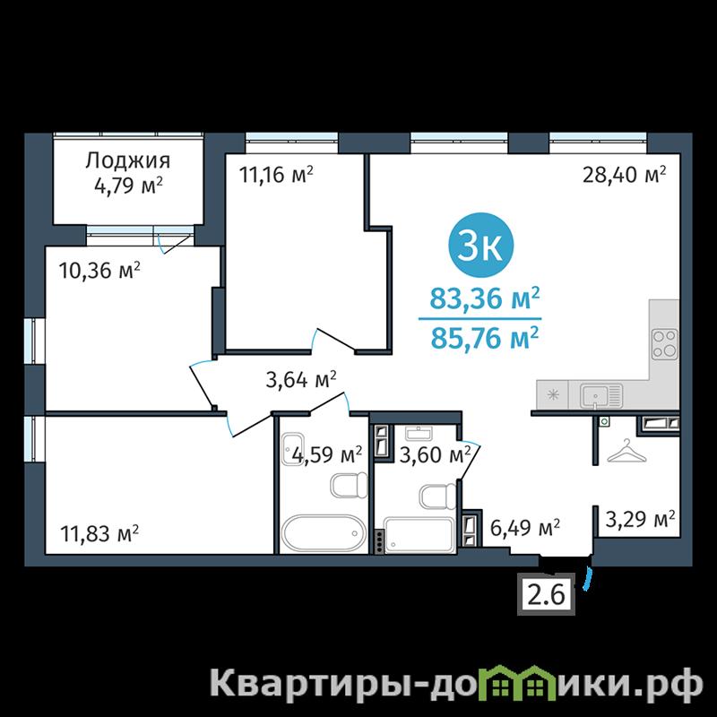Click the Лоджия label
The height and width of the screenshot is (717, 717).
127,160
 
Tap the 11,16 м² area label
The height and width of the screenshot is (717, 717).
277,174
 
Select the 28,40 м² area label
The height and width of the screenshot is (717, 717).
624,174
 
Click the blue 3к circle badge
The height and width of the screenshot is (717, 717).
481,245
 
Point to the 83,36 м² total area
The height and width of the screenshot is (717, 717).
484,299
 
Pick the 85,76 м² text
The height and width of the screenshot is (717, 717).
484,338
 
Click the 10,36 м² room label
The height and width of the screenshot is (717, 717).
99,271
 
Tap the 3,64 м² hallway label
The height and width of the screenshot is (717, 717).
301,379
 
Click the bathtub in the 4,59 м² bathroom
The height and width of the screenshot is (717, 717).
324,533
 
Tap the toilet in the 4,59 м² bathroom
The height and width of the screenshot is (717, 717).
349,485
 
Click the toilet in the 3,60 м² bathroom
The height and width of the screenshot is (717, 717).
437,497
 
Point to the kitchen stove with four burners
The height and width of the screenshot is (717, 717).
664,344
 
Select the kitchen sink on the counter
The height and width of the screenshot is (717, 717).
600,396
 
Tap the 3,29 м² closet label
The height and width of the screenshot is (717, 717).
640,519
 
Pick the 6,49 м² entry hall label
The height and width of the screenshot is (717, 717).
525,527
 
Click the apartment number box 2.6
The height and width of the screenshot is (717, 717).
547,594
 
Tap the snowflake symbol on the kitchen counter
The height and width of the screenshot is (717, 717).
553,394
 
